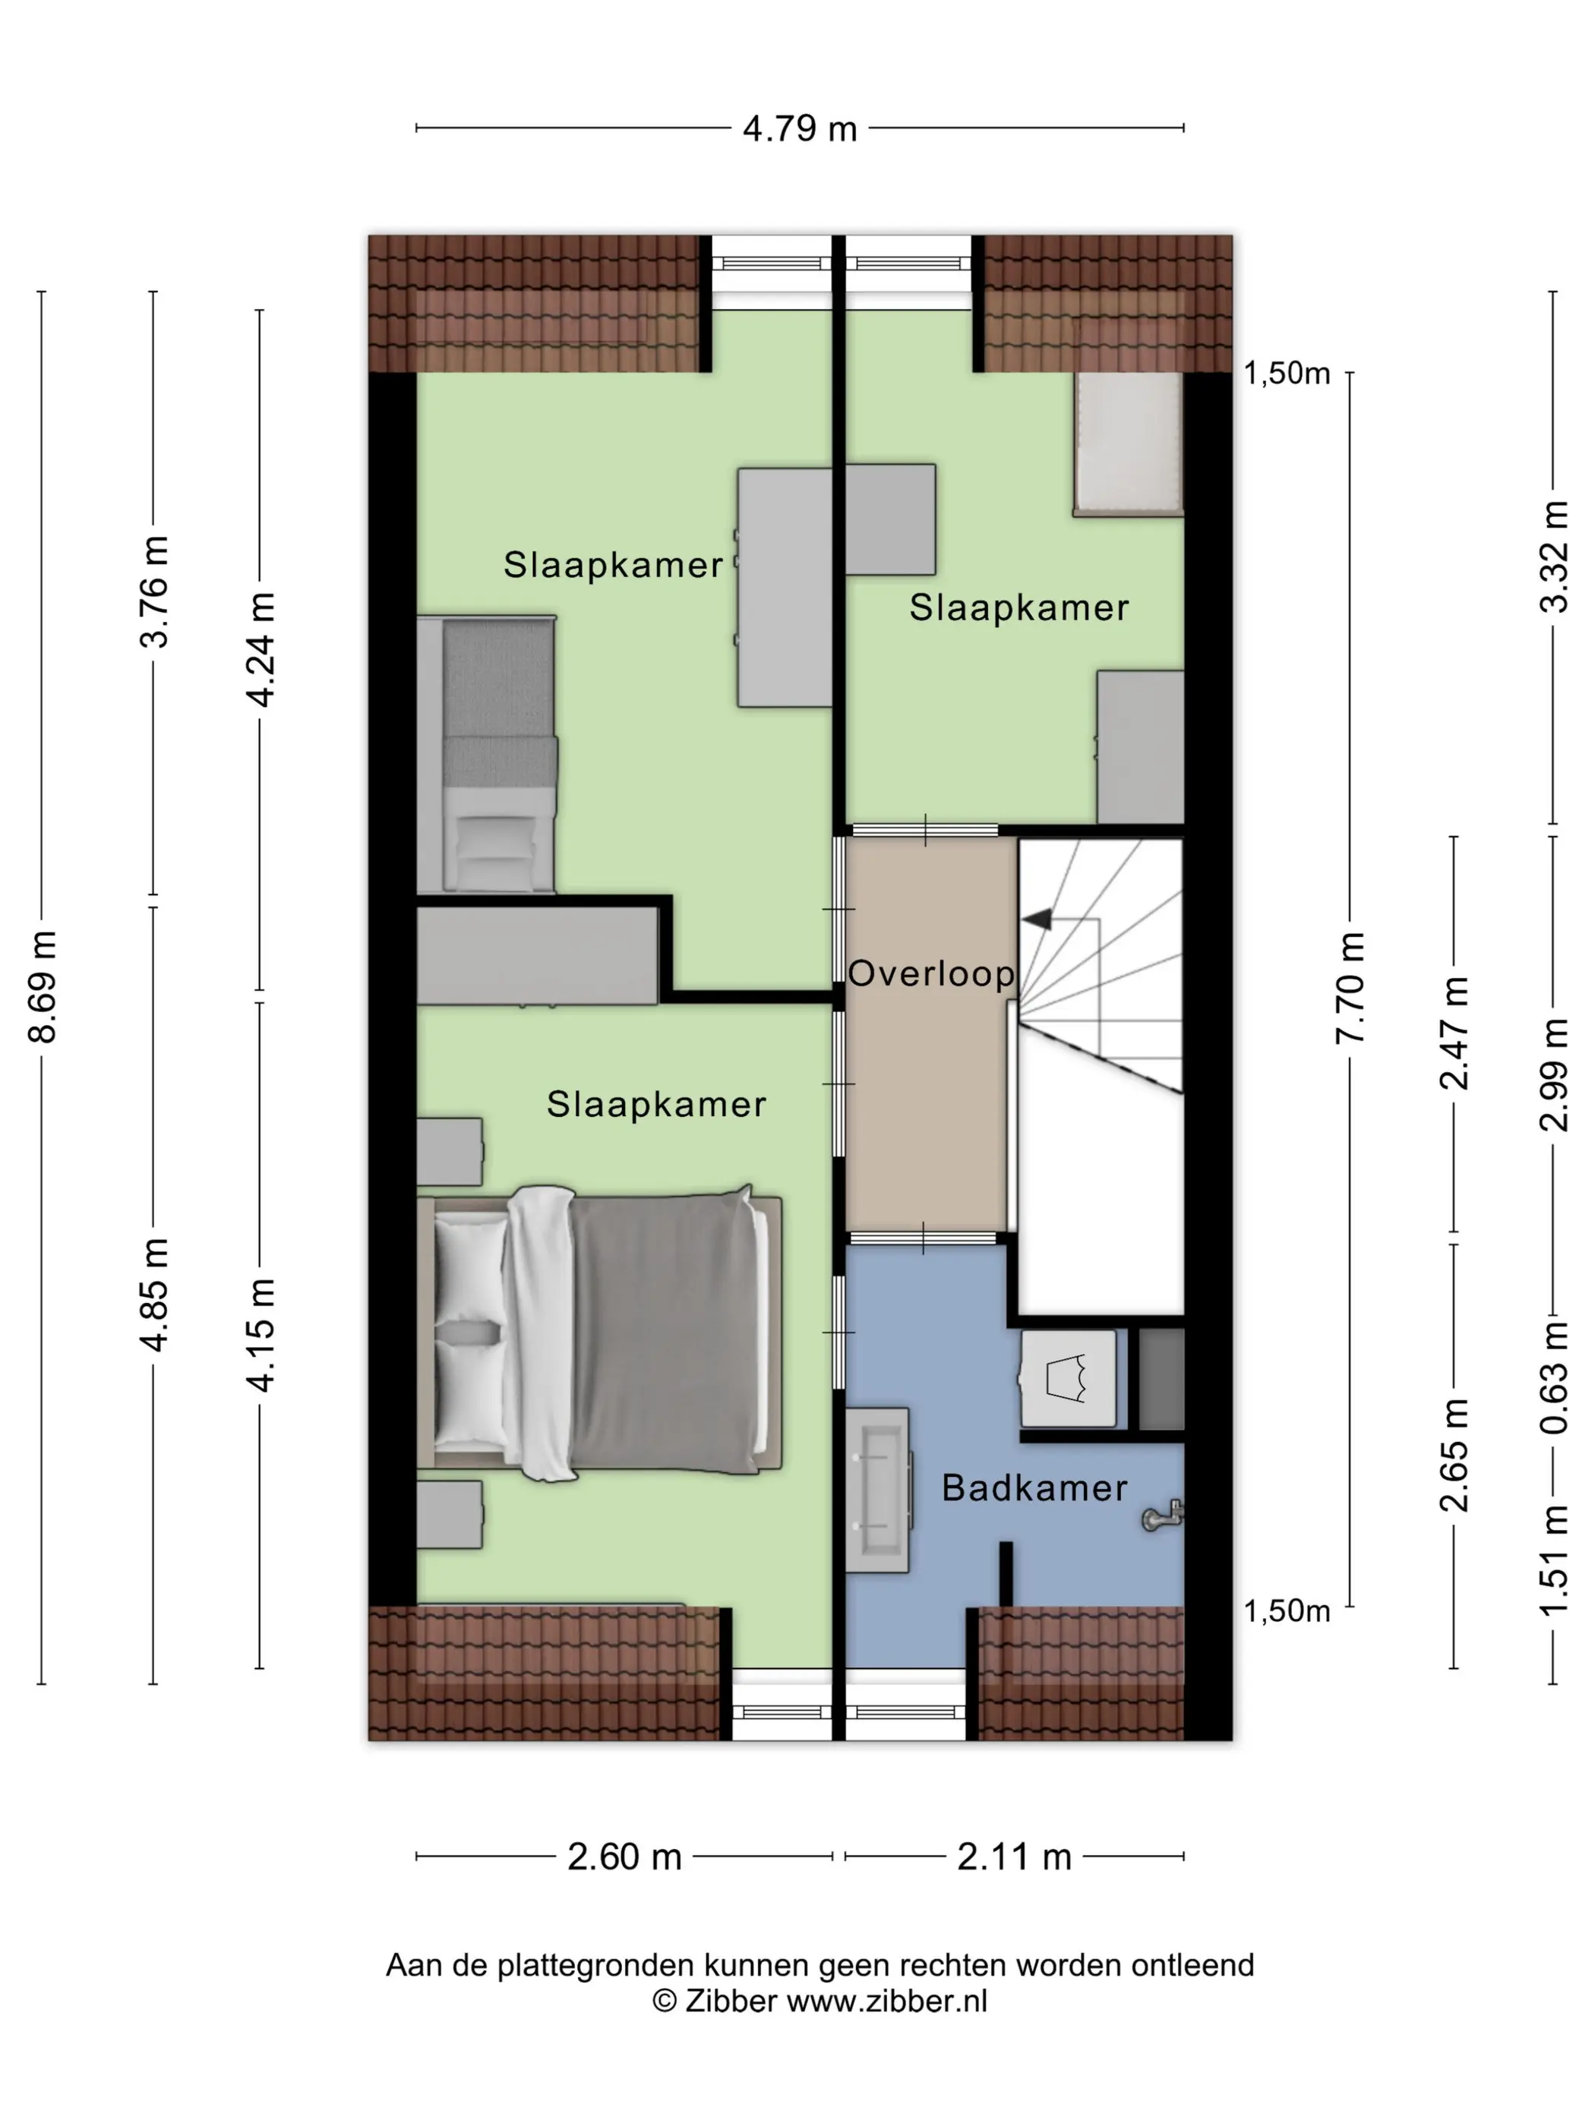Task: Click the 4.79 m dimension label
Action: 799,128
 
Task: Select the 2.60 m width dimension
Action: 624,1856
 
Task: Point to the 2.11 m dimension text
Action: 1013,1856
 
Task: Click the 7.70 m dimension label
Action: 1350,987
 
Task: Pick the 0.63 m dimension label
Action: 1554,1377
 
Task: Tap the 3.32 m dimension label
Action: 1554,557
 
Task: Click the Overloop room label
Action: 930,973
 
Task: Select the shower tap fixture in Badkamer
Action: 1161,1516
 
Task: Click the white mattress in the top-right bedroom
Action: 1128,443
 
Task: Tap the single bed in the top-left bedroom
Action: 487,755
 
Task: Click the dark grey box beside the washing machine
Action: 1161,1380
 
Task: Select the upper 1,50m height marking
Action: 1287,373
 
